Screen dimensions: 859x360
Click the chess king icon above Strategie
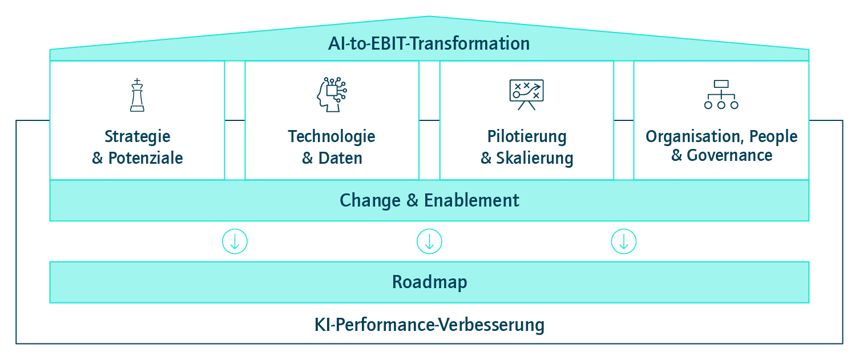pos(137,95)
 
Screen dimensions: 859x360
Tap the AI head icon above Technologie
pos(332,95)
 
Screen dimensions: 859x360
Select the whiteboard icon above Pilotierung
pos(526,95)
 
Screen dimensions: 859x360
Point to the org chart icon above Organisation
pos(721,95)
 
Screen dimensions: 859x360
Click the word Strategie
pos(138,137)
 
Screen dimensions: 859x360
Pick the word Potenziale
pos(146,158)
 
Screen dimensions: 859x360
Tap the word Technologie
pos(332,137)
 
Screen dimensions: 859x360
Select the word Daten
pos(340,158)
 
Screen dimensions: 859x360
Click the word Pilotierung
pos(527,137)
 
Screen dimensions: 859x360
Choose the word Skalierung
pos(535,159)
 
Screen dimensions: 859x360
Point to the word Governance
pos(729,155)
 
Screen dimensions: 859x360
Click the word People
pos(773,137)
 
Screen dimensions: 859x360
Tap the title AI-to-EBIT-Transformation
pos(429,43)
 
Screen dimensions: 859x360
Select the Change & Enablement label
pos(429,200)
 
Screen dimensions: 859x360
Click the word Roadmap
pos(429,282)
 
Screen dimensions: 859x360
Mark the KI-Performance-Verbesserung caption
pos(429,325)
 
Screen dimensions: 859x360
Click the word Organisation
pos(695,137)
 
